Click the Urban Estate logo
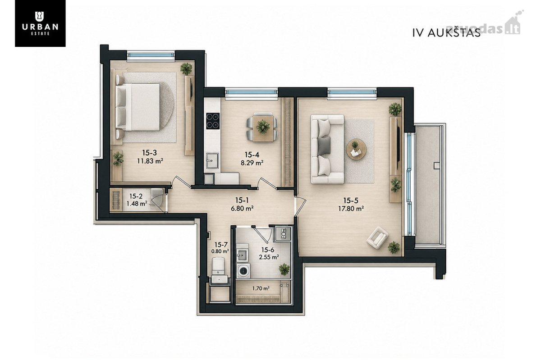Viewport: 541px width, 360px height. (x=40, y=23)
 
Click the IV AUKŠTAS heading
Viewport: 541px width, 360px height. (x=446, y=33)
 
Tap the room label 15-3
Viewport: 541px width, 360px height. (x=150, y=153)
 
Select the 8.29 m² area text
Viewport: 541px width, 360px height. (x=252, y=163)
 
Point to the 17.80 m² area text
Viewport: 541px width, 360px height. (x=351, y=209)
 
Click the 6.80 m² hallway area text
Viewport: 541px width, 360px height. (x=242, y=208)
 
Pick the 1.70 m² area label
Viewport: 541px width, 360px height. (x=261, y=288)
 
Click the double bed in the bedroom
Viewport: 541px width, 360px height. (x=138, y=107)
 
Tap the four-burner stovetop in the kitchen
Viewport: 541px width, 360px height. (x=213, y=121)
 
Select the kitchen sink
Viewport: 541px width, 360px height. (x=212, y=161)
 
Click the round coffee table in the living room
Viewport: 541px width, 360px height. (x=356, y=149)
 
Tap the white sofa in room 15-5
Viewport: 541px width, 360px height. (x=327, y=149)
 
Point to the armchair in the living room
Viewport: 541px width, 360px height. (x=377, y=237)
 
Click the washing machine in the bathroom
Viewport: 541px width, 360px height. (x=243, y=271)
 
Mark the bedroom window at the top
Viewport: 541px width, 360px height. (x=151, y=55)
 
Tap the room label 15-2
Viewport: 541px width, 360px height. (x=136, y=196)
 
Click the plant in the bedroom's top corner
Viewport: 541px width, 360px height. (x=186, y=68)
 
